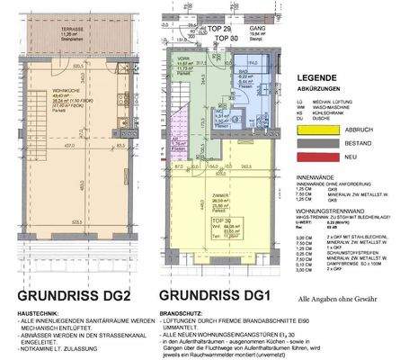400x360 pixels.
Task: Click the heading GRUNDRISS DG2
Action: [x=68, y=293]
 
